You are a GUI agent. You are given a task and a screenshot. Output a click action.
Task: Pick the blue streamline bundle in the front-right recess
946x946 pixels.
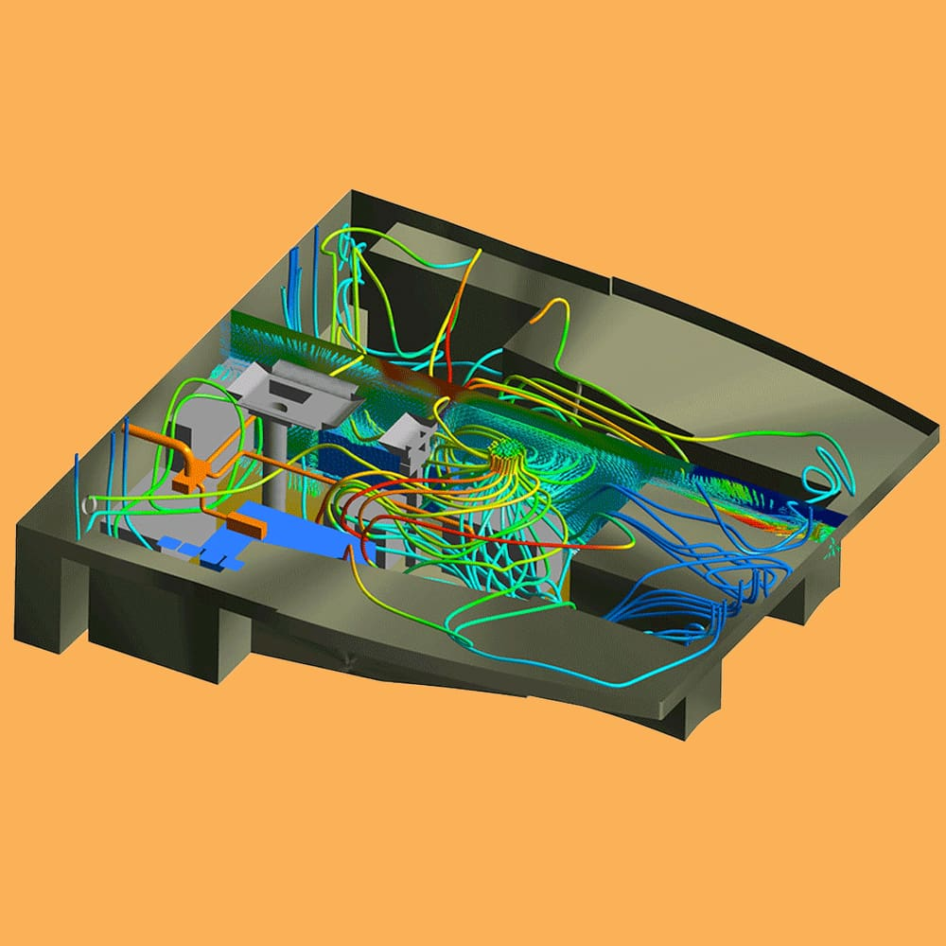pos(691,605)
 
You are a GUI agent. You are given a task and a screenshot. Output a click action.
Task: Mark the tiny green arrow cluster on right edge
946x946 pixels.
pos(832,544)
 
